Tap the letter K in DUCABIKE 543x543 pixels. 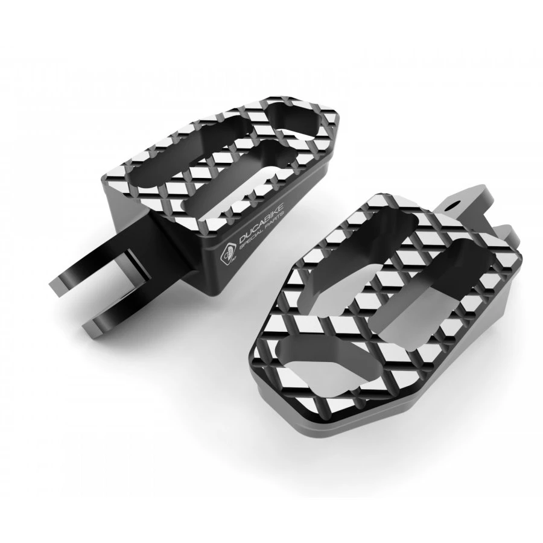[275, 215]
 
